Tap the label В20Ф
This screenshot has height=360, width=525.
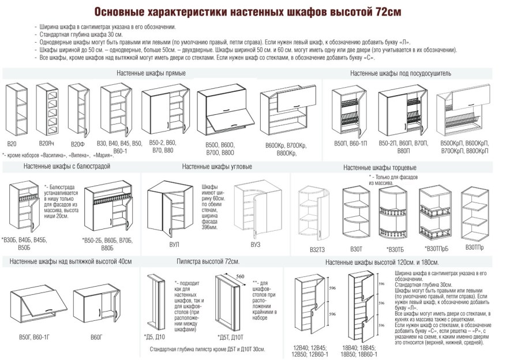point(78,142)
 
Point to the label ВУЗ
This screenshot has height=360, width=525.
point(255,244)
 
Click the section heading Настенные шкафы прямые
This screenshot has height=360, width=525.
point(151,73)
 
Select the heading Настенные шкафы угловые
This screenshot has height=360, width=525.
point(216,167)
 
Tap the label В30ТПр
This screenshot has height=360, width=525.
point(475,247)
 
